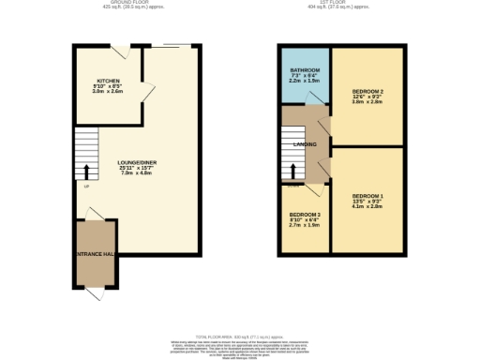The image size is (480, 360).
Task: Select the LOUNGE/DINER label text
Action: point(137,163)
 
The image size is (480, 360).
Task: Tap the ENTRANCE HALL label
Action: point(95,254)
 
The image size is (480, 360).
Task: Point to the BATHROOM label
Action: point(305,70)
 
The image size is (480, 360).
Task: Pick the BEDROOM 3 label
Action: point(305,216)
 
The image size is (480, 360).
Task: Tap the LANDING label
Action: point(305,144)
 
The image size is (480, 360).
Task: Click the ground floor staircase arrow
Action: point(86,172)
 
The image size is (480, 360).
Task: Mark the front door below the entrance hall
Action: point(96,292)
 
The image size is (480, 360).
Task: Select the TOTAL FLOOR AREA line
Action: point(239,337)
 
